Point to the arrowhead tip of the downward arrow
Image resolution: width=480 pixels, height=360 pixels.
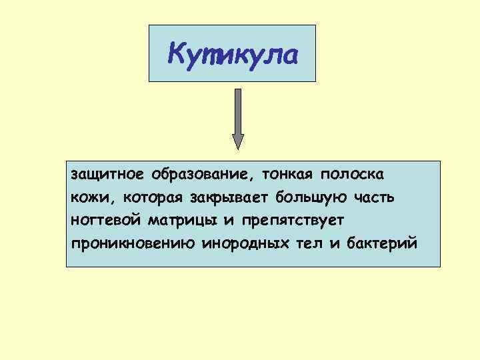pos(238,148)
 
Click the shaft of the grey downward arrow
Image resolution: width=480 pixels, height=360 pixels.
pos(238,111)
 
